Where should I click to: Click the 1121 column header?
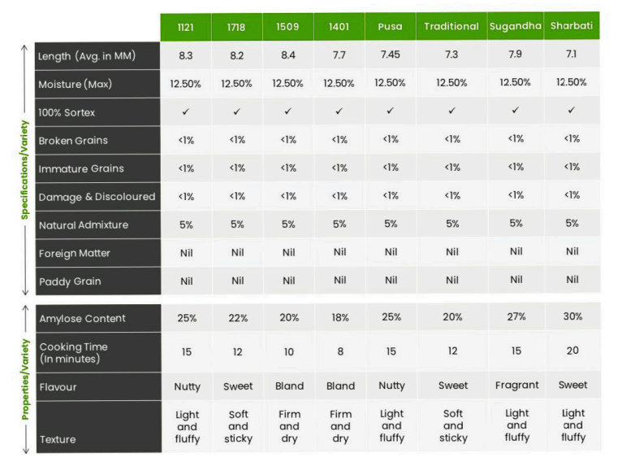(186, 27)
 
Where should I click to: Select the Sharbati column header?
(572, 26)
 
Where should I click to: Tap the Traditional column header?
(452, 27)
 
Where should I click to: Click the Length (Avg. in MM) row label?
(87, 56)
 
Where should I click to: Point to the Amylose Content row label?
(82, 318)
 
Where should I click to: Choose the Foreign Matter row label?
(75, 253)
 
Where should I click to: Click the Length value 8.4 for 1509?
(288, 55)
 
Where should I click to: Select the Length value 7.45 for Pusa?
(391, 55)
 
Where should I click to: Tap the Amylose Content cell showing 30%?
(573, 316)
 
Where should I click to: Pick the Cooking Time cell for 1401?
(339, 351)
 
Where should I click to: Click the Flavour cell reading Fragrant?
(516, 386)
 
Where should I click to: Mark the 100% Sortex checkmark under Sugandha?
(515, 110)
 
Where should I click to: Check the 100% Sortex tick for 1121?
(186, 111)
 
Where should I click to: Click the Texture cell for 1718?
(238, 426)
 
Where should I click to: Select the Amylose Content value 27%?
(516, 317)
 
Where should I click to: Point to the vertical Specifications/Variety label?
(25, 168)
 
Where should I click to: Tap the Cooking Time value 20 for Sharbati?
(573, 351)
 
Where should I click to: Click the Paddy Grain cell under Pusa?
(391, 281)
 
